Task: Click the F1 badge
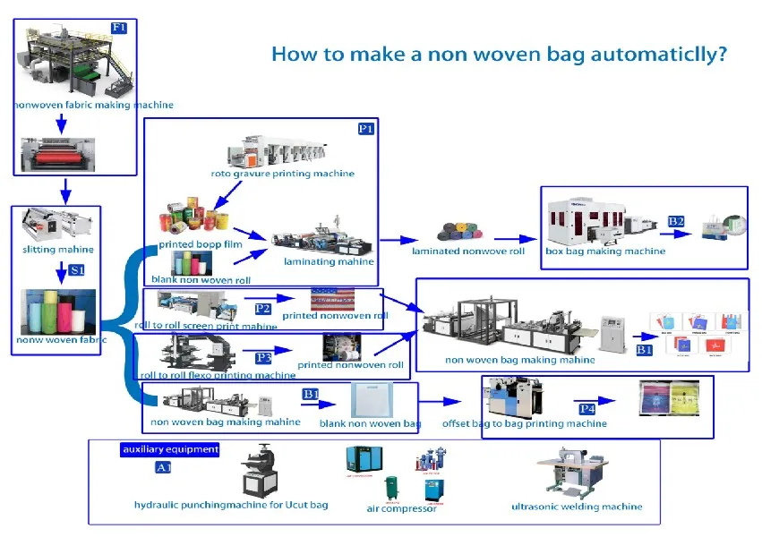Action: click(119, 28)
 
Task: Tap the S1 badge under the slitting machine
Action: click(78, 268)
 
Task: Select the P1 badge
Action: click(365, 129)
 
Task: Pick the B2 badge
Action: click(676, 221)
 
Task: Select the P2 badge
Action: click(262, 309)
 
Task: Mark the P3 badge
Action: click(263, 357)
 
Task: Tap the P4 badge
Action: click(586, 408)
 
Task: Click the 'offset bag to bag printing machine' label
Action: click(524, 423)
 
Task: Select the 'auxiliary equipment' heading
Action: click(169, 449)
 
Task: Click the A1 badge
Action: click(163, 467)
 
